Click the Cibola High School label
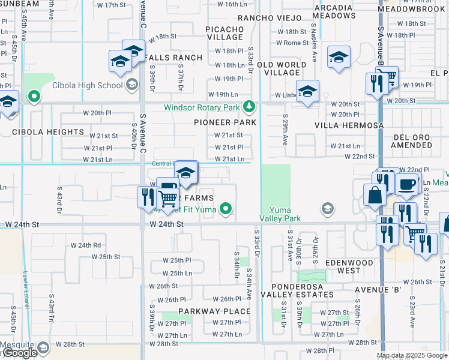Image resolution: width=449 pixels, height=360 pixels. [87, 85]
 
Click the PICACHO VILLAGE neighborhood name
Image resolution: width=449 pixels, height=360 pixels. [224, 32]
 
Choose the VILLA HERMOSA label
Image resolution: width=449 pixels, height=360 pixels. [349, 125]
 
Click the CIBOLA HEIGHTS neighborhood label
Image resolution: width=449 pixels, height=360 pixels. [48, 132]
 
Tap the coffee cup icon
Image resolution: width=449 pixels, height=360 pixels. [408, 185]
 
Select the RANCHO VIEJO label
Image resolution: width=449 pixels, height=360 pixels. [265, 18]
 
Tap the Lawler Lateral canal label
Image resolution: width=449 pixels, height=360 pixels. [26, 287]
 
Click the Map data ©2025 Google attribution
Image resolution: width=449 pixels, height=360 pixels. [412, 355]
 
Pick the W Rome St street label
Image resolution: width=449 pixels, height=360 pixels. [292, 43]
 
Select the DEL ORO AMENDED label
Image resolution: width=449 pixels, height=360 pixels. [412, 142]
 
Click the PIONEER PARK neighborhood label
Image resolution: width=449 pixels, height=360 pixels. [225, 122]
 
